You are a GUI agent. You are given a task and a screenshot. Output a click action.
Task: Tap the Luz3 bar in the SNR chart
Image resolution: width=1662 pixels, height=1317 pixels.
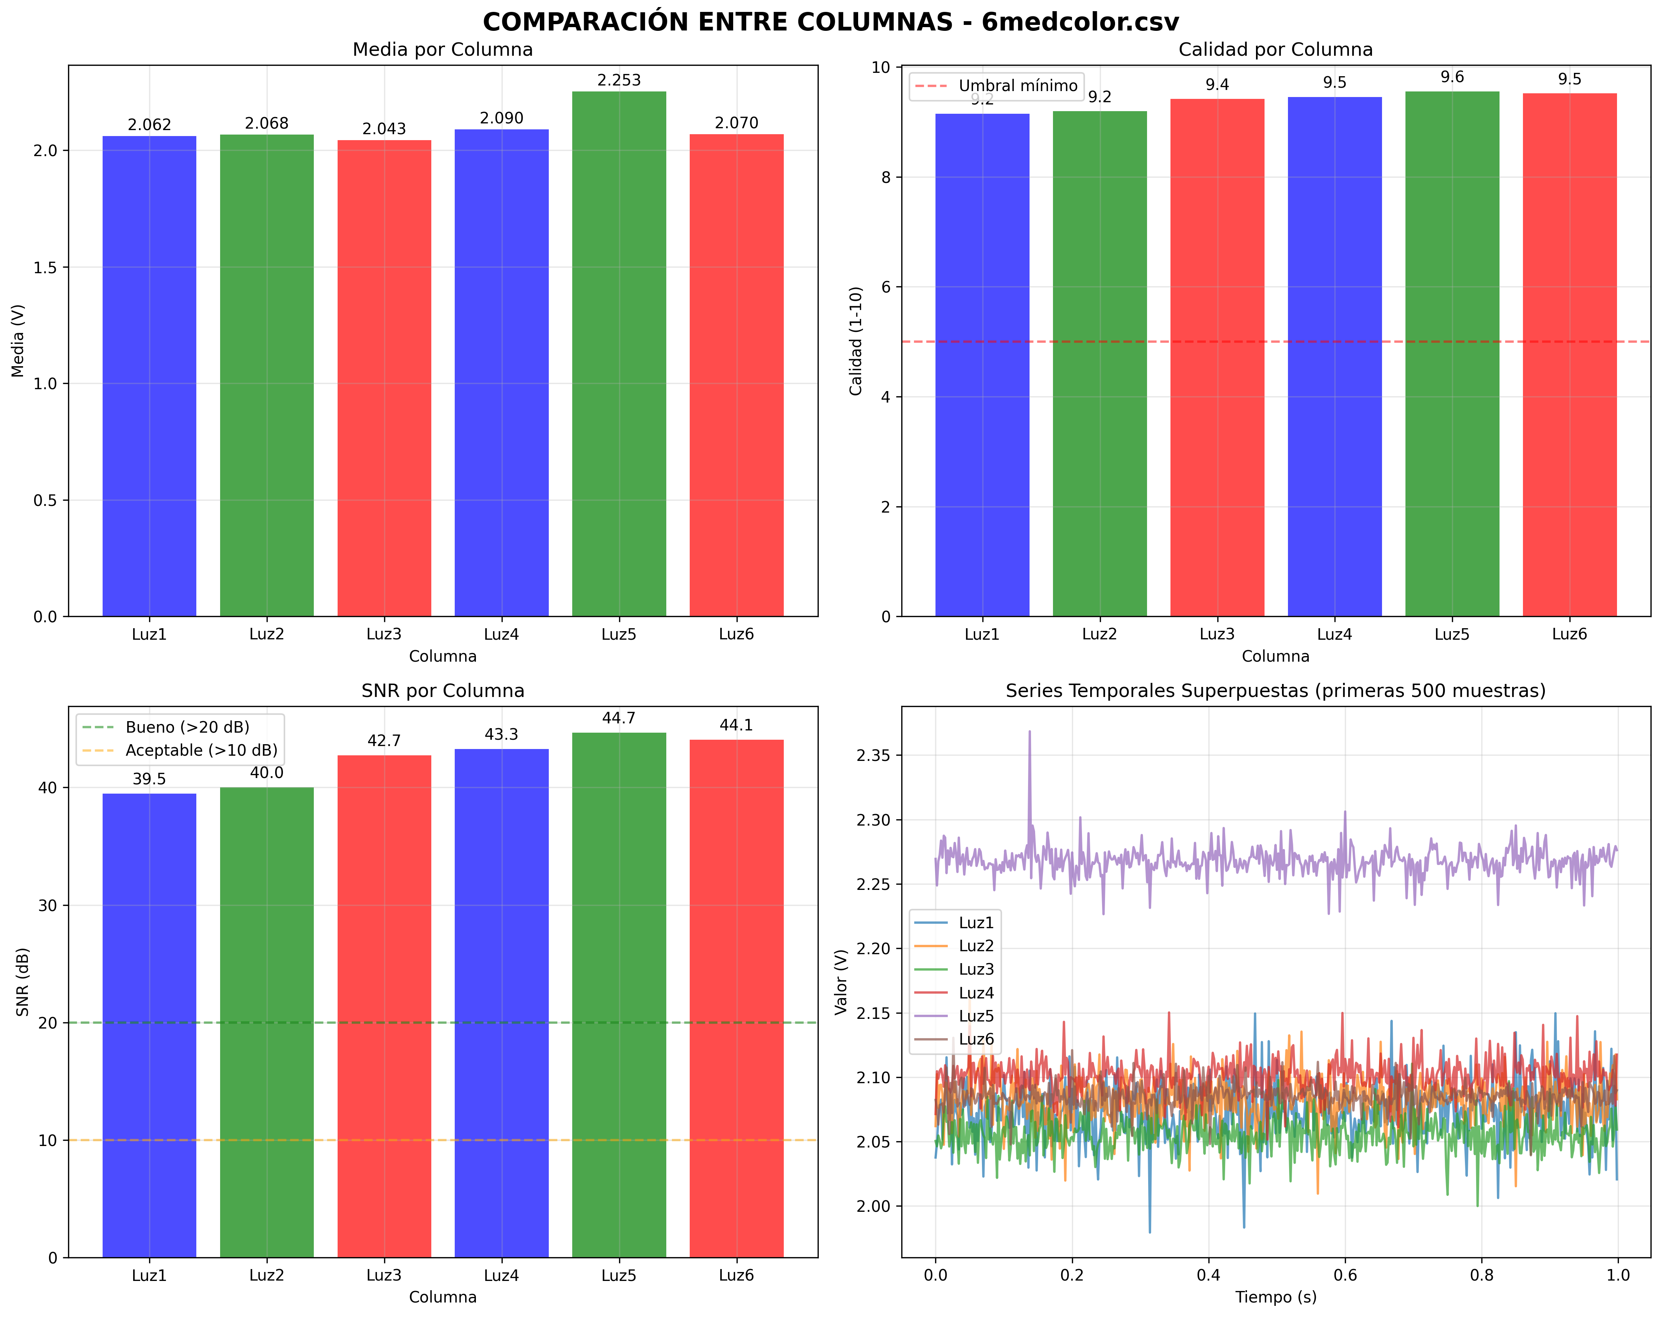coord(384,1002)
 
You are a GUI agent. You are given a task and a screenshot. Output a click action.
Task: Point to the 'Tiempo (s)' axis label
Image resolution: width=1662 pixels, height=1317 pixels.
coord(1276,1297)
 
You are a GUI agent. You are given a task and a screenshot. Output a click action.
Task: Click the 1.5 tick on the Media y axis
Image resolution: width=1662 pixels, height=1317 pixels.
coord(45,267)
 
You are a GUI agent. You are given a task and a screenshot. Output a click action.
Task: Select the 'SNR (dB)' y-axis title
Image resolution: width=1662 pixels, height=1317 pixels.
coord(23,982)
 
